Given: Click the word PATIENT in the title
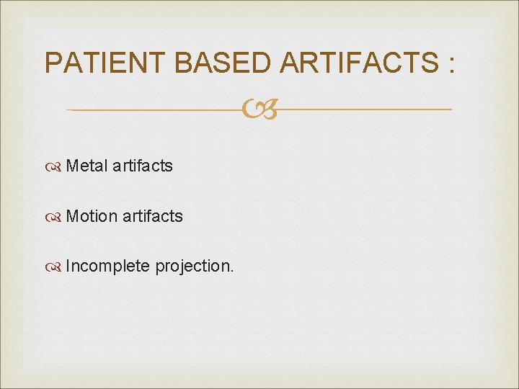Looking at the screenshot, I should [106, 63].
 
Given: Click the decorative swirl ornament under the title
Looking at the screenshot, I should [259, 110].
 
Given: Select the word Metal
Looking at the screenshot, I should [86, 166].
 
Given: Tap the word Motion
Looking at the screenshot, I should [91, 216].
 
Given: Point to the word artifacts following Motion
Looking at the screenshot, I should [152, 216].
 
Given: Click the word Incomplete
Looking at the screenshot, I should [107, 267].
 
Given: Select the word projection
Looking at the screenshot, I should [192, 267].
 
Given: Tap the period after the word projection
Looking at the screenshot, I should [231, 272].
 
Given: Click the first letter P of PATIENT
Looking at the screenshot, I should [53, 63].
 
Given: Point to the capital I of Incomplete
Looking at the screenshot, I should [68, 267].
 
